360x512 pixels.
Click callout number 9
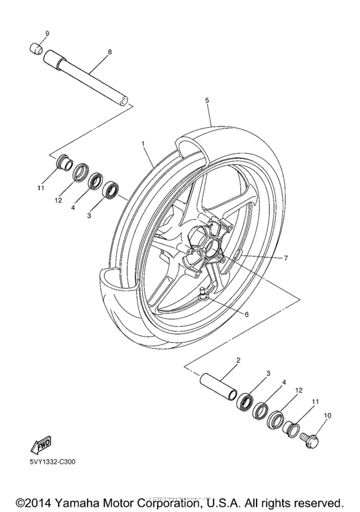tap(47, 32)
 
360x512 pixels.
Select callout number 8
tap(109, 51)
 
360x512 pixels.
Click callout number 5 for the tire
tap(207, 100)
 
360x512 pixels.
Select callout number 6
tap(246, 314)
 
